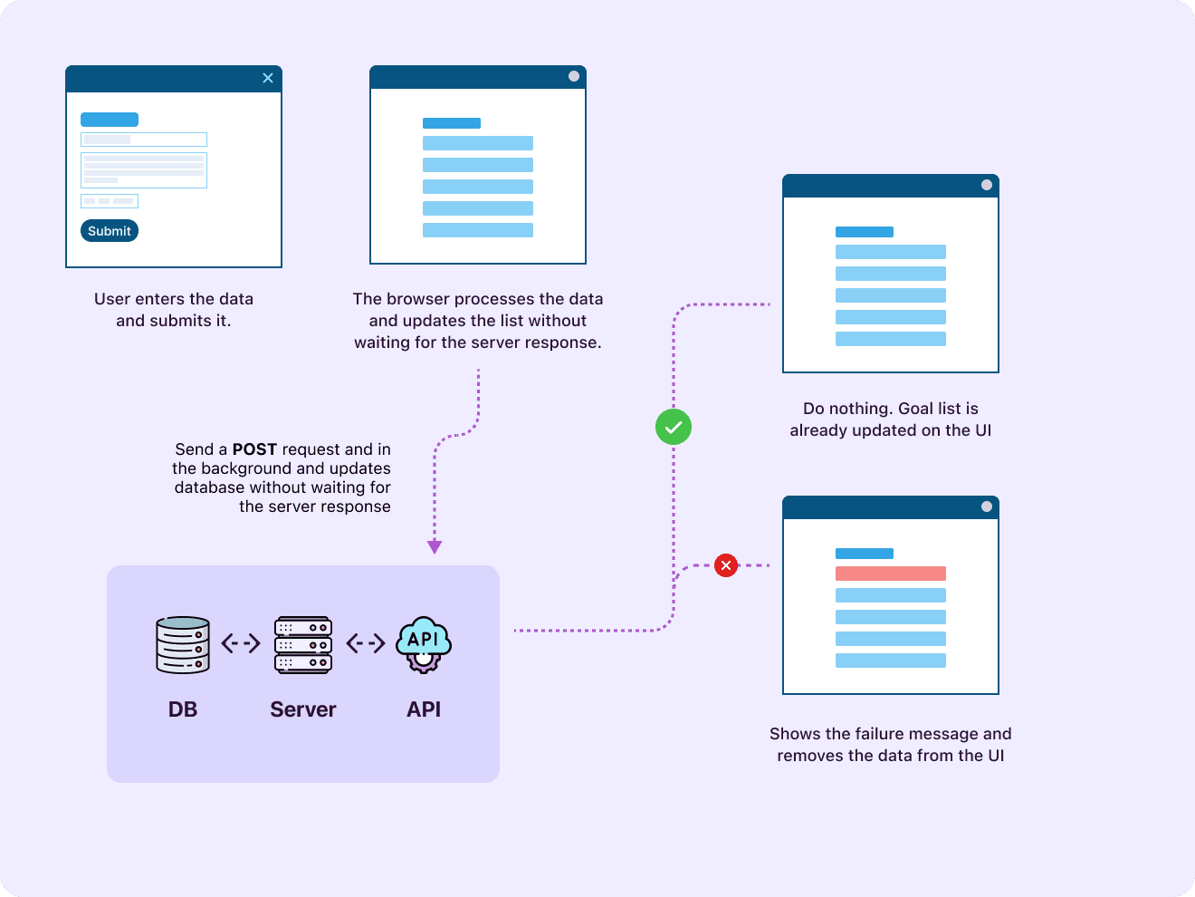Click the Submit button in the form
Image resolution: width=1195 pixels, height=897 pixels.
pos(110,231)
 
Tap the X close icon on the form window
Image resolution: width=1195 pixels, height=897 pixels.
pos(268,78)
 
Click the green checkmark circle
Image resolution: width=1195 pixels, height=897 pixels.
pos(674,427)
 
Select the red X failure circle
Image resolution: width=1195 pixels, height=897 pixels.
pos(726,565)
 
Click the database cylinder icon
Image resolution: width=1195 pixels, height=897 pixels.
pos(183,645)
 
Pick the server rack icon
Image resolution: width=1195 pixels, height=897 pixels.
pos(303,645)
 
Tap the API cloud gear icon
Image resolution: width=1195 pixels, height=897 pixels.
pos(424,644)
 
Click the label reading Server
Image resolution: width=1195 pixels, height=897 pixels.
pos(303,709)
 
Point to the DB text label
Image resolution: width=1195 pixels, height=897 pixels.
pos(183,709)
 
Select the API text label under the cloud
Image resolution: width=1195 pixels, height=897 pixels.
pos(424,709)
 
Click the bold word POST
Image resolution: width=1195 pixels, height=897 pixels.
pos(254,449)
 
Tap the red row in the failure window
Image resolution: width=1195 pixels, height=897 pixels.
pos(891,574)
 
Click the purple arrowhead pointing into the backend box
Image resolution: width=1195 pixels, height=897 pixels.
pos(435,546)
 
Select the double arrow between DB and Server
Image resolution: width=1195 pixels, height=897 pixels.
pos(241,643)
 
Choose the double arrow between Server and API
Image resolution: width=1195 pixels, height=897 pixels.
pos(366,643)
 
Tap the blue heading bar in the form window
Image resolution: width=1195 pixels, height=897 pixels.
pos(110,120)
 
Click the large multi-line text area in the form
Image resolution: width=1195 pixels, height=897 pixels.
pos(144,169)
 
